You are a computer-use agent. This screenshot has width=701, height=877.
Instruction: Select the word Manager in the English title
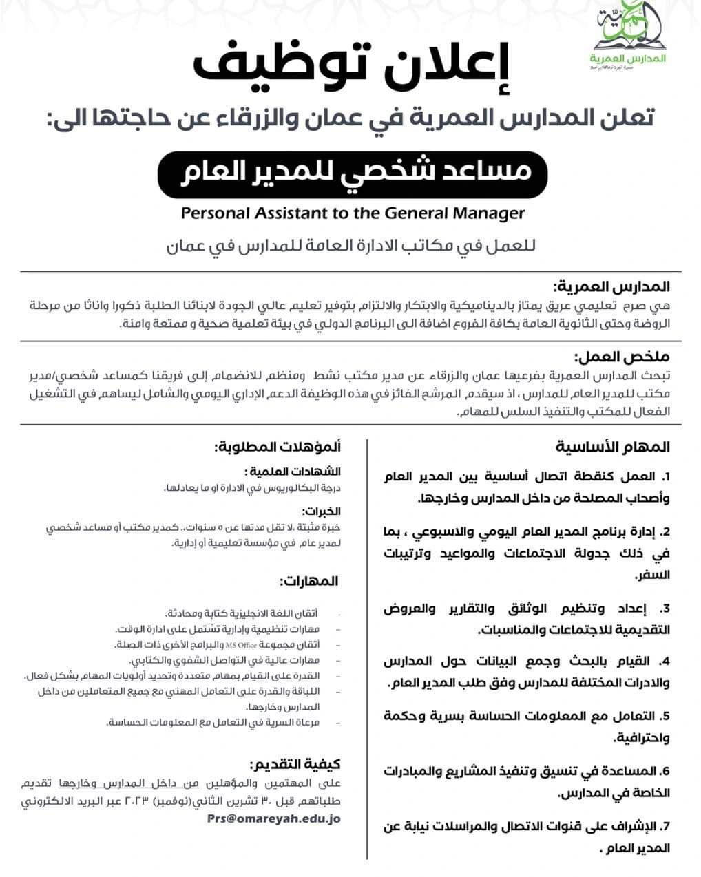487,213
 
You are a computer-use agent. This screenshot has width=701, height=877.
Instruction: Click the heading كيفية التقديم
297,765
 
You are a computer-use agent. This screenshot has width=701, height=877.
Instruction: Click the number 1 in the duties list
665,477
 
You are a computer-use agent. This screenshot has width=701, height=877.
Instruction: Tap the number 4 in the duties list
665,662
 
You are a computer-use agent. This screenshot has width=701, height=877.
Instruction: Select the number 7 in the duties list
665,826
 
